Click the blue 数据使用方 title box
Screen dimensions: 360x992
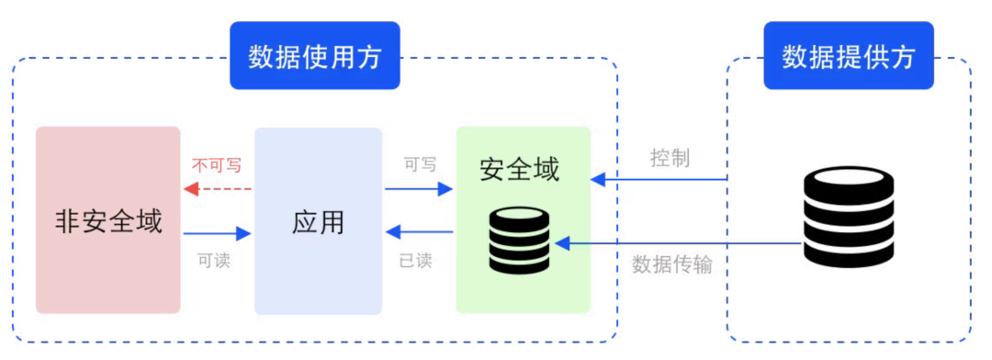(315, 56)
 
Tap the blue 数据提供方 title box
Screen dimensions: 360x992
(848, 56)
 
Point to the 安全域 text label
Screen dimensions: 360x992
(520, 168)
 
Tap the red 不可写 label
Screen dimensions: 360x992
(217, 165)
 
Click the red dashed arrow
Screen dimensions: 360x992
(218, 188)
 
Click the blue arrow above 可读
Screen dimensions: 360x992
(218, 233)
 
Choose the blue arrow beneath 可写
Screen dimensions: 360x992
(419, 189)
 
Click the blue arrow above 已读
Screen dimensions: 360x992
(419, 232)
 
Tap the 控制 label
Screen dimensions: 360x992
(670, 158)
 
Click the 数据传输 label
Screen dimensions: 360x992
(672, 264)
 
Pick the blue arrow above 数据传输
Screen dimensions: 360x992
(680, 243)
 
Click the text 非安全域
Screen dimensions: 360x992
(108, 221)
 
